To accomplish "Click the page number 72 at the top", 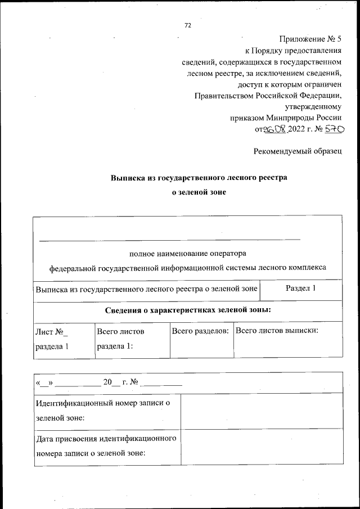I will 188,25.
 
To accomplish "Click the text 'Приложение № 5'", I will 310,39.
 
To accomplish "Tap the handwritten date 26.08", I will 276,129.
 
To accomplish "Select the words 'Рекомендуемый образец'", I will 297,151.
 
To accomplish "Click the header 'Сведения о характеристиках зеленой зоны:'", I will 188,310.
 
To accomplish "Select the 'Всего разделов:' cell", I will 200,331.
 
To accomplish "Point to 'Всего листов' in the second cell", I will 120,332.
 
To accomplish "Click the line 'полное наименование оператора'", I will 187,253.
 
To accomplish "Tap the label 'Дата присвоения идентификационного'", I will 106,439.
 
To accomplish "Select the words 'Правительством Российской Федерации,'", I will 268,96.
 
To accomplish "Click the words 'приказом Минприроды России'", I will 285,118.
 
